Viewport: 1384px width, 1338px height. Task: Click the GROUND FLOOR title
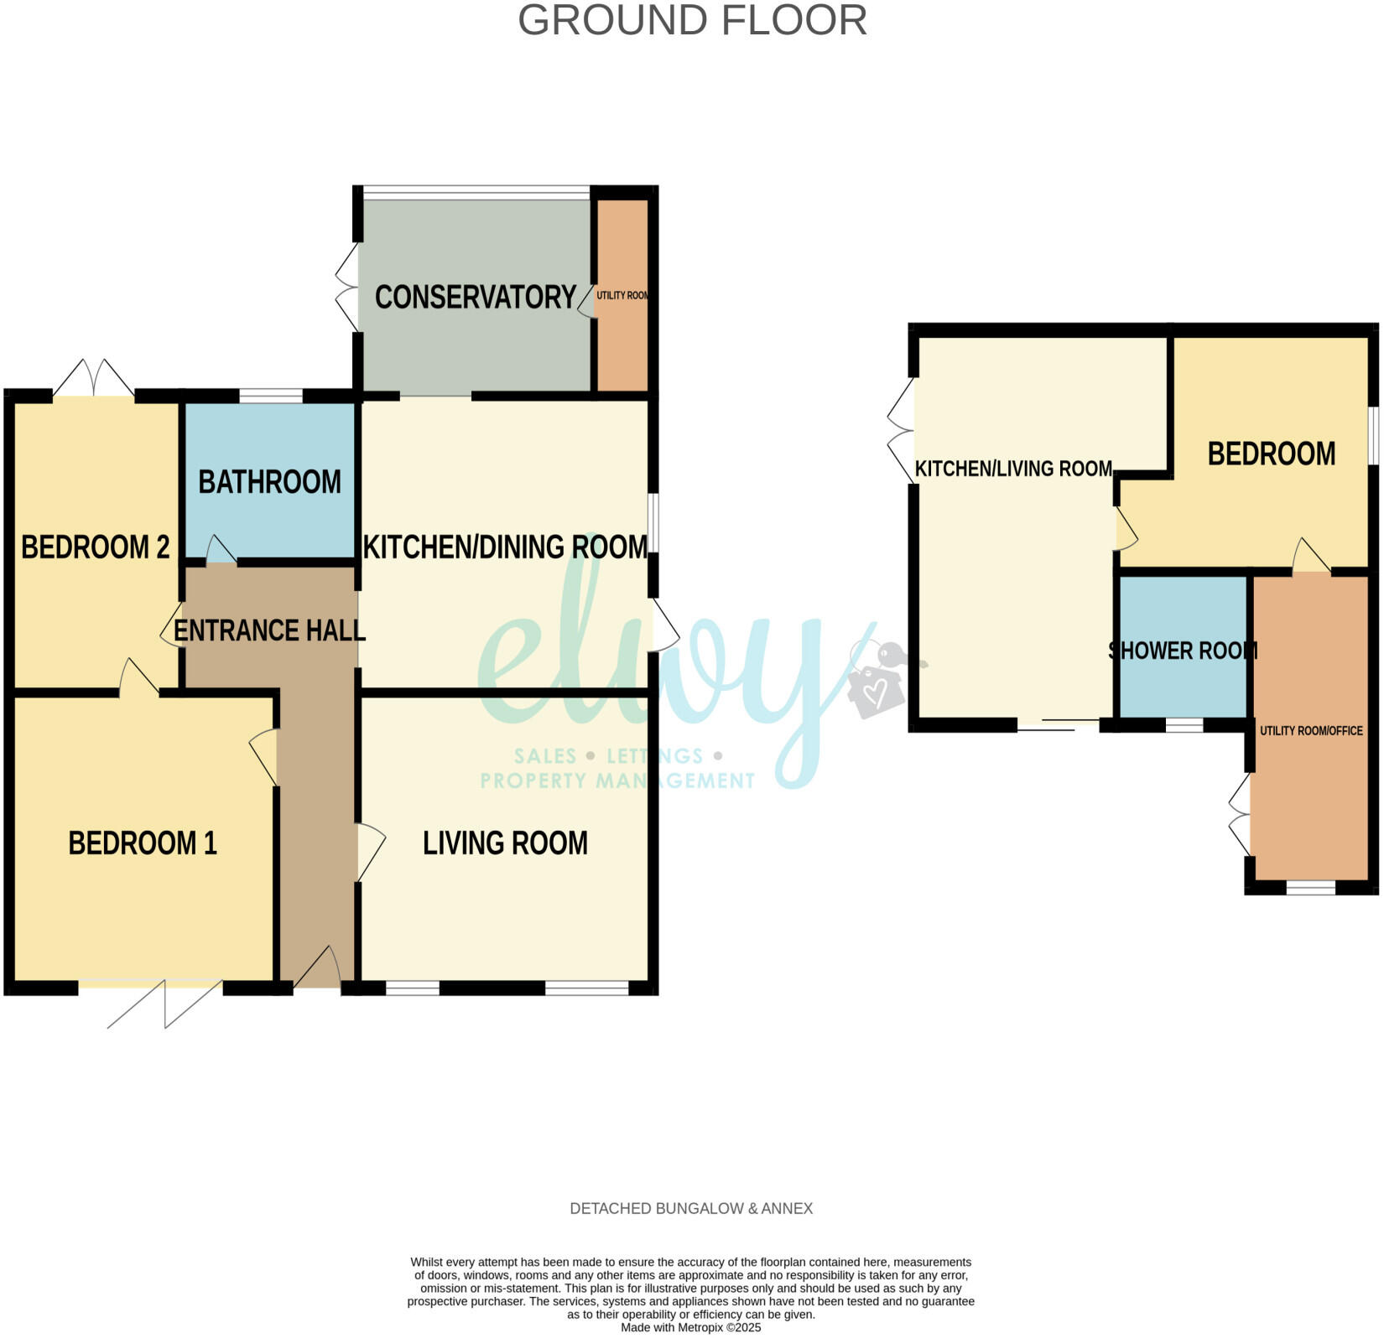692,20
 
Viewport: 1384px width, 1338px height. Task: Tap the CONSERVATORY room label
475,297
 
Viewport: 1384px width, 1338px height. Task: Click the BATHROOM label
269,482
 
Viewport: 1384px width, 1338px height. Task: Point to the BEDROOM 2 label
95,547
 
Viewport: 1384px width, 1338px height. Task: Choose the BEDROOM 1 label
143,843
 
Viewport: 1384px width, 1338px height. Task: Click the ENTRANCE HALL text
269,630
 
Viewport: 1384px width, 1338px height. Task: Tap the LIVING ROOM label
505,843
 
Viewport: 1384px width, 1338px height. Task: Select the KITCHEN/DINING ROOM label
505,547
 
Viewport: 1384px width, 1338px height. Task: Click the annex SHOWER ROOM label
1183,651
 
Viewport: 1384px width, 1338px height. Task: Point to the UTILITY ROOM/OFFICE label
1311,731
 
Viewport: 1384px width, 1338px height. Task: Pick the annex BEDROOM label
1272,454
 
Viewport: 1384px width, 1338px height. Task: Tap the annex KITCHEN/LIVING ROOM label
1013,469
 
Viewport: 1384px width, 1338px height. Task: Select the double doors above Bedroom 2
93,379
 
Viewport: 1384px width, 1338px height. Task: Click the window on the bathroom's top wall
270,396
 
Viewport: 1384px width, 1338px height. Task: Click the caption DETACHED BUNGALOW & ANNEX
691,1208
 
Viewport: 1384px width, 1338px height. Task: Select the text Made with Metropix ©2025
691,1328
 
